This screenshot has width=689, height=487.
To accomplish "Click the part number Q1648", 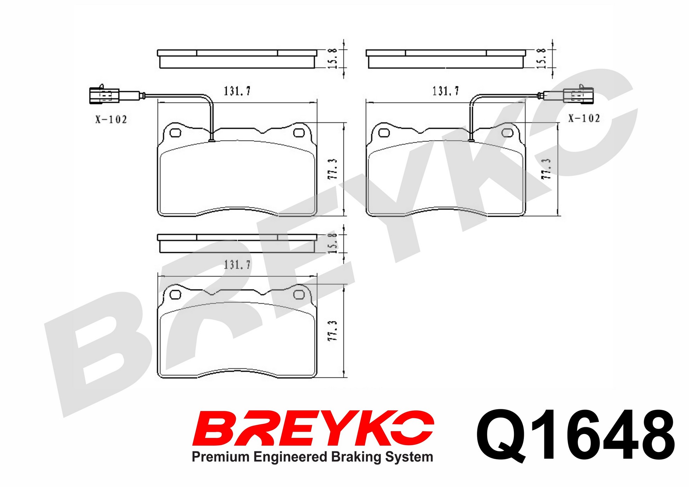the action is (x=575, y=436).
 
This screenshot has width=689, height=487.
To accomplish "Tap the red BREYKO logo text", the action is (x=313, y=428).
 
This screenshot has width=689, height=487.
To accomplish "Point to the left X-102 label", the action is (x=111, y=119).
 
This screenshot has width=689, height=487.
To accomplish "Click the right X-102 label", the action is (x=584, y=118).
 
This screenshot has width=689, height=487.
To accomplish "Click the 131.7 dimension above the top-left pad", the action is (x=237, y=91).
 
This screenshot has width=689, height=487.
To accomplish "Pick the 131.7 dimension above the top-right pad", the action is (x=446, y=91).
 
